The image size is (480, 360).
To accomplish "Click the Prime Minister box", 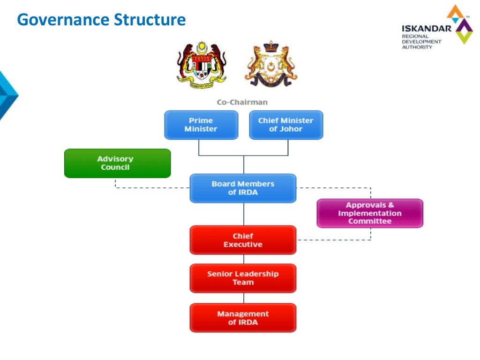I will [201, 125].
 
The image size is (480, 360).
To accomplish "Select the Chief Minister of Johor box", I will [286, 125].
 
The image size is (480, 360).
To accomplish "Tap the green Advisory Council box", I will [117, 163].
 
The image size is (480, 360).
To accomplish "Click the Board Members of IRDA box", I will [243, 188].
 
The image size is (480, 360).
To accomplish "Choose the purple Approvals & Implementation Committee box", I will [370, 213].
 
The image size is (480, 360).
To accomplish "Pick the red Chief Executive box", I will [243, 240].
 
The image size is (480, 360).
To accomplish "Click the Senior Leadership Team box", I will [243, 278].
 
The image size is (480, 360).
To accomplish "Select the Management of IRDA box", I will [243, 318].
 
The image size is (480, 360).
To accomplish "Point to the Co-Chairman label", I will [242, 102].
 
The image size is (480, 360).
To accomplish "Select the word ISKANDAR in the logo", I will [426, 29].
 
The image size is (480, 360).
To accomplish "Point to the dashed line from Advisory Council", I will [150, 188].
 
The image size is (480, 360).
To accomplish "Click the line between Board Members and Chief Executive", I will [244, 214].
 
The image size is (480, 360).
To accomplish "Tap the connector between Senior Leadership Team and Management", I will [244, 298].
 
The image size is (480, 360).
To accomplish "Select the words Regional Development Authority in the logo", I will [421, 42].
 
